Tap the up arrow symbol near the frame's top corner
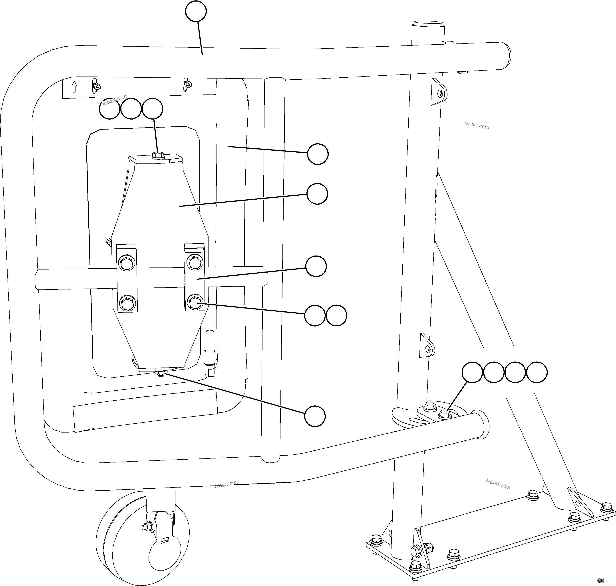click(74, 87)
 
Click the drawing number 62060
click(600, 580)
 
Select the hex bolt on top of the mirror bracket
click(158, 155)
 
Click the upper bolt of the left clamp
click(126, 263)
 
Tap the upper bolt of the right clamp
click(195, 262)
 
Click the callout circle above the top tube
click(196, 12)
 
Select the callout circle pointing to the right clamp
click(316, 266)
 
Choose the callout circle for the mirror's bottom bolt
click(315, 416)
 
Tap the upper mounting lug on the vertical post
click(439, 92)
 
